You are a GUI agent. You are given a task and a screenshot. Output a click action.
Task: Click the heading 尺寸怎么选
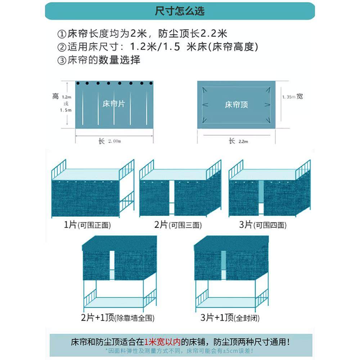pyautogui.click(x=180, y=11)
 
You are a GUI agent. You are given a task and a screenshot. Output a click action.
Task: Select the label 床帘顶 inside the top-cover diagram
pyautogui.click(x=236, y=105)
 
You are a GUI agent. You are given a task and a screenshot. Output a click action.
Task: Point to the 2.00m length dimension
pyautogui.click(x=114, y=141)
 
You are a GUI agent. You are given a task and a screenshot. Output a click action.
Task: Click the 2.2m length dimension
pyautogui.click(x=243, y=141)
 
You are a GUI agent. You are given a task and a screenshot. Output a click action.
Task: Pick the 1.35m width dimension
pyautogui.click(x=288, y=97)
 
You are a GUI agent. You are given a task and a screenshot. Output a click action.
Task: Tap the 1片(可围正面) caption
pyautogui.click(x=87, y=225)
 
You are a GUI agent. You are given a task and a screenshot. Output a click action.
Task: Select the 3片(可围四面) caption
pyautogui.click(x=263, y=225)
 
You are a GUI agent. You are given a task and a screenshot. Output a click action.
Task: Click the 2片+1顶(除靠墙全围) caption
pyautogui.click(x=118, y=318)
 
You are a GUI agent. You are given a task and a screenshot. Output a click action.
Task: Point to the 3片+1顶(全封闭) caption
pyautogui.click(x=230, y=318)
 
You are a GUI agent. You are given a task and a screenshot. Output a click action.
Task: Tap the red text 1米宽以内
pyautogui.click(x=162, y=341)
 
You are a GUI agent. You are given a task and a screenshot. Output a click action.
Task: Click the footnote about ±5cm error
pyautogui.click(x=180, y=350)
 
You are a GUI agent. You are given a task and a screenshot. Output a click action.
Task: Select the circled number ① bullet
pyautogui.click(x=62, y=34)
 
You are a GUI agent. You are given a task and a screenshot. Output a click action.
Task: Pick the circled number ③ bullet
pyautogui.click(x=62, y=60)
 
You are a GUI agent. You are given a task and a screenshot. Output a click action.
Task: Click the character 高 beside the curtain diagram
pyautogui.click(x=55, y=96)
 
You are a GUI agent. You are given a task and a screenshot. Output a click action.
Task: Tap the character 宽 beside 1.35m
pyautogui.click(x=300, y=96)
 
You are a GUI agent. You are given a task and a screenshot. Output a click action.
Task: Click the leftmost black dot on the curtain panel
pyautogui.click(x=77, y=84)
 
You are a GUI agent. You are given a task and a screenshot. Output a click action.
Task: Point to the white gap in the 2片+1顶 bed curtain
pyautogui.click(x=112, y=265)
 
